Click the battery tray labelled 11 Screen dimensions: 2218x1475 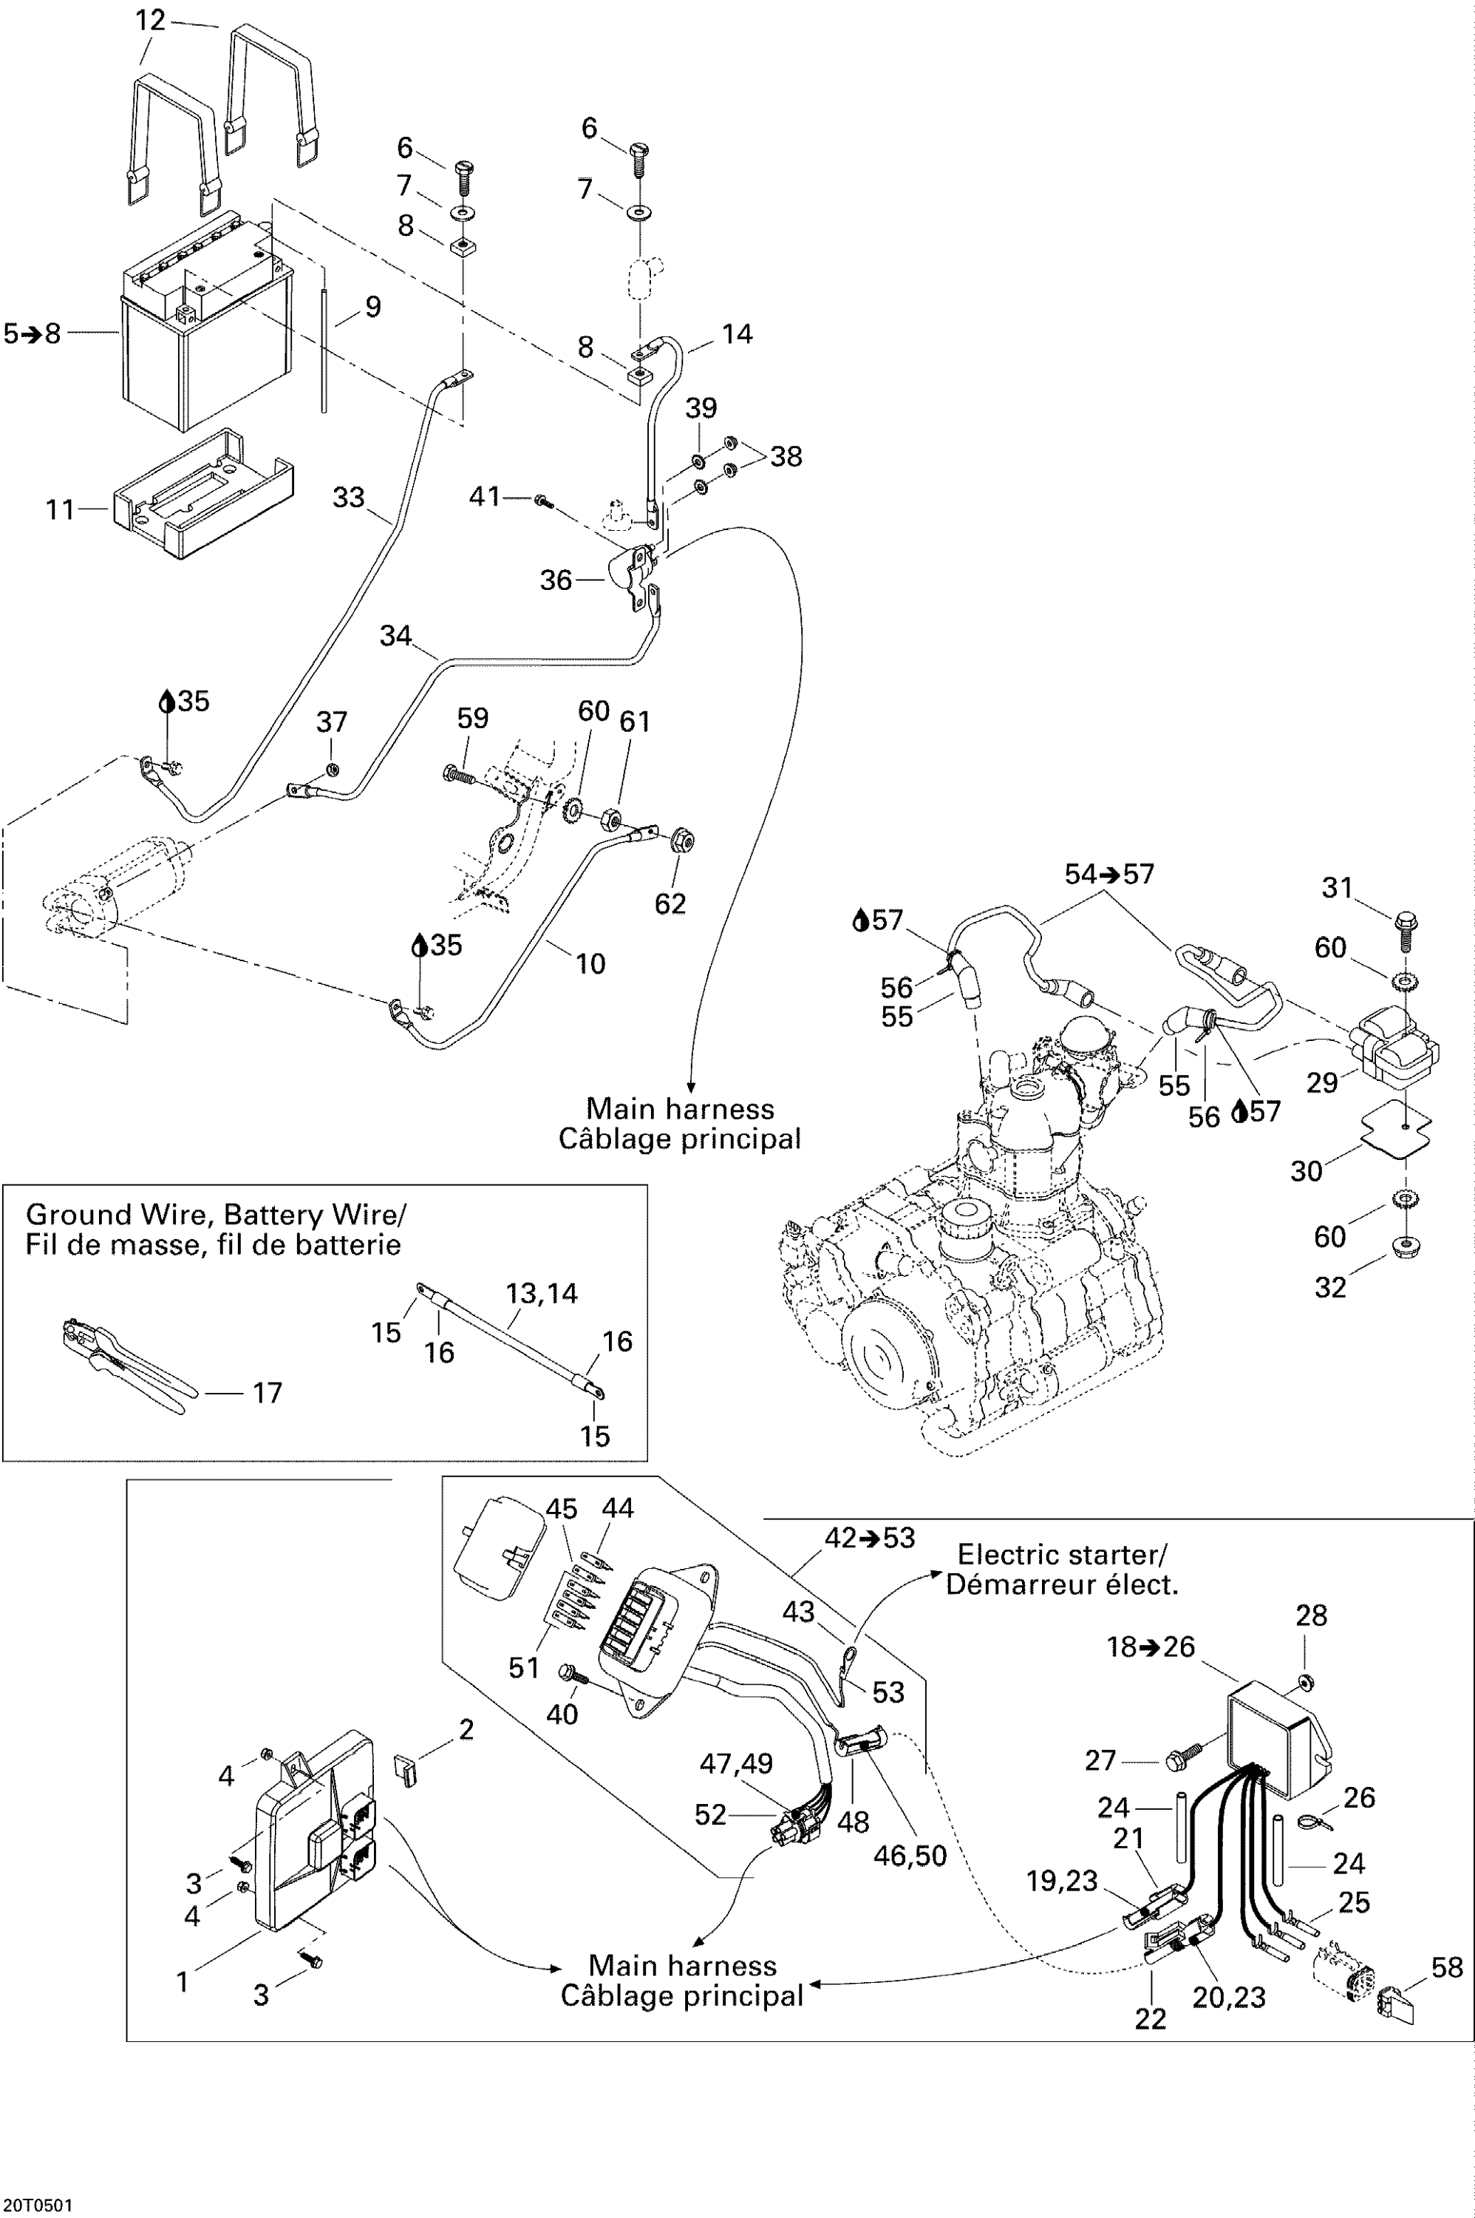click(x=202, y=497)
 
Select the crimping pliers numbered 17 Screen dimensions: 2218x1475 click(x=122, y=1366)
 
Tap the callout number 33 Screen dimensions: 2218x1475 click(x=348, y=497)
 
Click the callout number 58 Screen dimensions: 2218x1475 click(x=1448, y=1967)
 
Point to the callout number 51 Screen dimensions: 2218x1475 click(x=523, y=1667)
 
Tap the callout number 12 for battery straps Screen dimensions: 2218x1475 click(x=151, y=20)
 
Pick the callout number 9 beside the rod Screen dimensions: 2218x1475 click(x=372, y=306)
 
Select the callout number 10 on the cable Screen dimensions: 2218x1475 click(x=590, y=963)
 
